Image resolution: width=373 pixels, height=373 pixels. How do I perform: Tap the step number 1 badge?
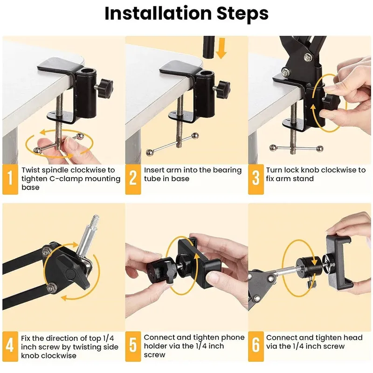(x=10, y=179)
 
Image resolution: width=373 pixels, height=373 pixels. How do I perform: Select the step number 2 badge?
(x=133, y=179)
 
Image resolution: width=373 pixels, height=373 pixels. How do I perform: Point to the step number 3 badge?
(x=256, y=179)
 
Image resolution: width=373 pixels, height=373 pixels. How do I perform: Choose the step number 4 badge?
(x=10, y=345)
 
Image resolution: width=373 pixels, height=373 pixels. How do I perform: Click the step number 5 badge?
(x=133, y=345)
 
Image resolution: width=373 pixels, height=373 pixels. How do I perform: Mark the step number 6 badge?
(x=256, y=345)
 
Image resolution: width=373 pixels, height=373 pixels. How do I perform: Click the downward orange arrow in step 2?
(x=221, y=48)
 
